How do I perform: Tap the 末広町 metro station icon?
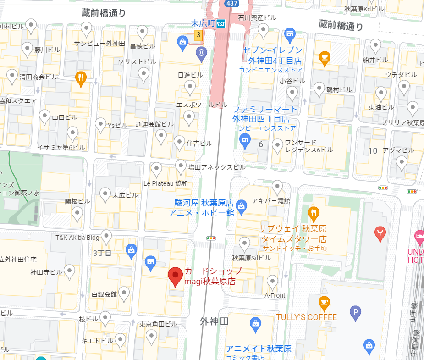pyautogui.click(x=221, y=23)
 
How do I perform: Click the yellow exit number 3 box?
pyautogui.click(x=198, y=35)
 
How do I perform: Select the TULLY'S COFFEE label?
pyautogui.click(x=306, y=317)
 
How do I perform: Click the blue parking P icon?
pyautogui.click(x=356, y=313)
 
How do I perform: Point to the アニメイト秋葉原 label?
pyautogui.click(x=259, y=349)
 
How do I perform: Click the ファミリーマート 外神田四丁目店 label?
pyautogui.click(x=265, y=114)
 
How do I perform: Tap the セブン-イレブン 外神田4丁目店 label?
pyautogui.click(x=272, y=55)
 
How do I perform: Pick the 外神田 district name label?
pyautogui.click(x=214, y=321)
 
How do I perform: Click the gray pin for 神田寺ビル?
pyautogui.click(x=69, y=271)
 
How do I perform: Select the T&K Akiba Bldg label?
pyautogui.click(x=77, y=238)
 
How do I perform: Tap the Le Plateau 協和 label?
pyautogui.click(x=165, y=183)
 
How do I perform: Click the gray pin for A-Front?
pyautogui.click(x=272, y=282)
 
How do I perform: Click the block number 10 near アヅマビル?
pyautogui.click(x=373, y=150)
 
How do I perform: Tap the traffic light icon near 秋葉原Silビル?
pyautogui.click(x=211, y=238)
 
